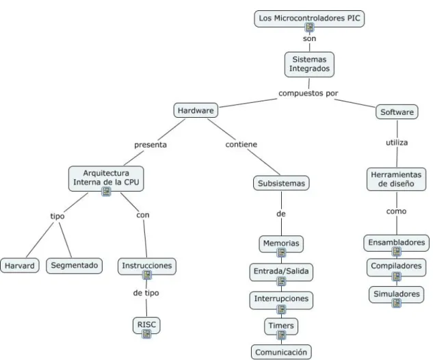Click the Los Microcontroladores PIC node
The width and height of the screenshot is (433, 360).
click(x=309, y=18)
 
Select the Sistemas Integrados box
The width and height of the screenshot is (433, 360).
click(x=309, y=64)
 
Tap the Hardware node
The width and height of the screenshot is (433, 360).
click(x=196, y=110)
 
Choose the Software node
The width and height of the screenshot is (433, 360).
click(x=397, y=112)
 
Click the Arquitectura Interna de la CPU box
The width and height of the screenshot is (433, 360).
click(x=106, y=178)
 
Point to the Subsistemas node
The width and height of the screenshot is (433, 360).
click(x=281, y=183)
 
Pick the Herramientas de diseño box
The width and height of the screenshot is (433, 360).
click(x=396, y=179)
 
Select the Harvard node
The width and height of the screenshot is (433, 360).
click(x=20, y=266)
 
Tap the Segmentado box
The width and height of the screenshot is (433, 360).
click(x=75, y=266)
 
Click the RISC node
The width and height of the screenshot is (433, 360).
click(x=146, y=325)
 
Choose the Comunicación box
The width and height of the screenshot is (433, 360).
click(x=281, y=352)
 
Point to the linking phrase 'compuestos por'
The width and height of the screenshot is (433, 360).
click(x=309, y=93)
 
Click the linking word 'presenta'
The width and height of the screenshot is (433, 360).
click(x=150, y=145)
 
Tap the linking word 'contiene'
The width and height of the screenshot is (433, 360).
click(x=241, y=144)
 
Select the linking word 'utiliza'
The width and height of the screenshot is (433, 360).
click(x=397, y=142)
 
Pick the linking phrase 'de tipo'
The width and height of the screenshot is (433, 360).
click(x=146, y=293)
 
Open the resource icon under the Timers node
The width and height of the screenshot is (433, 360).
click(x=281, y=335)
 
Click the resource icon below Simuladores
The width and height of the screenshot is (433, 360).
click(x=397, y=303)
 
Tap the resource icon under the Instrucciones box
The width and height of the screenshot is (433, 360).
click(x=147, y=275)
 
